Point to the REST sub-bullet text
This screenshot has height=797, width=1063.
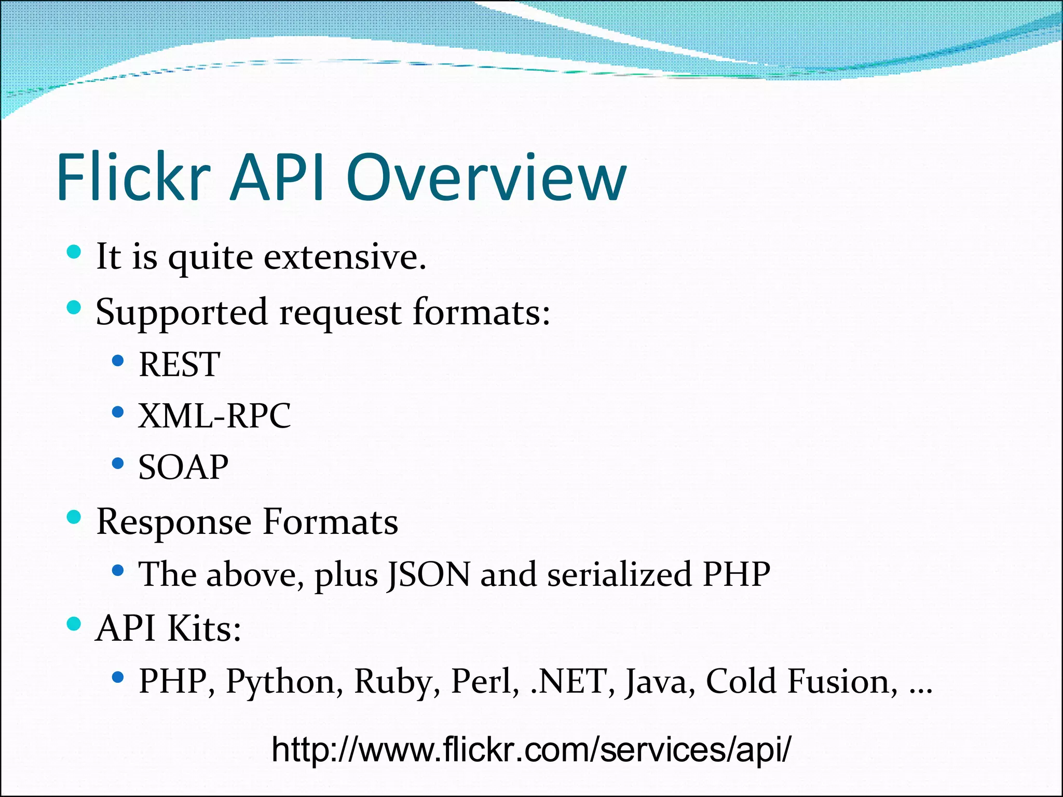(x=180, y=364)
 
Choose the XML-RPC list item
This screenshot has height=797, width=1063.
(x=214, y=416)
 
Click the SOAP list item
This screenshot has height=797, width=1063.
(x=183, y=467)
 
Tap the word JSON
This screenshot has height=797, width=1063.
(x=429, y=574)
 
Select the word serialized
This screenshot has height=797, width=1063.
(x=619, y=574)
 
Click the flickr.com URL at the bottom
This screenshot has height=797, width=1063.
(x=531, y=749)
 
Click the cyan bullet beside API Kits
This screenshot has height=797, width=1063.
(x=74, y=623)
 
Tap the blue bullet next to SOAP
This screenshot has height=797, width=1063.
(x=118, y=463)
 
